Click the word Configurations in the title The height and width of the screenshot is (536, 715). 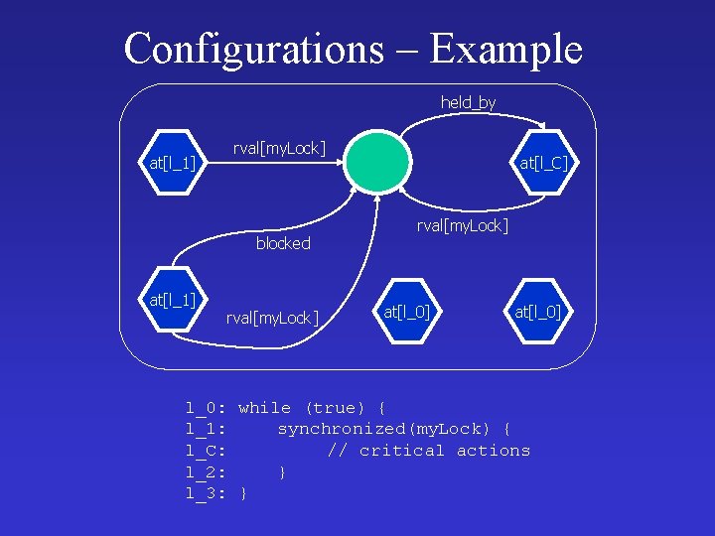click(253, 49)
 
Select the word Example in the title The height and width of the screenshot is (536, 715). click(506, 49)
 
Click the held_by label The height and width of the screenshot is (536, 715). click(468, 102)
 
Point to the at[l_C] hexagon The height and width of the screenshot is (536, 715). click(544, 162)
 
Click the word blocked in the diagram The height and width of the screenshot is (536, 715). click(283, 243)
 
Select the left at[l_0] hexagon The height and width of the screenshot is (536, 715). click(407, 313)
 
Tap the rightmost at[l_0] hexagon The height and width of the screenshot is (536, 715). click(537, 313)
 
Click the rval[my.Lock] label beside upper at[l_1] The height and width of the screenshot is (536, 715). click(279, 148)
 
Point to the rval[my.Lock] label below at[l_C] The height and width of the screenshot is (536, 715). click(463, 225)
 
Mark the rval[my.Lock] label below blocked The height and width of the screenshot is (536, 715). click(272, 318)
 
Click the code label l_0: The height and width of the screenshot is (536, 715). click(207, 408)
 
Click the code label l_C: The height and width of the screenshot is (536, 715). click(207, 451)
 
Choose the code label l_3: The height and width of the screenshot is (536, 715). click(207, 493)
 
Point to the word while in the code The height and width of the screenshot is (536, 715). click(265, 408)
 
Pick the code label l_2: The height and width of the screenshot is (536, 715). click(207, 472)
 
